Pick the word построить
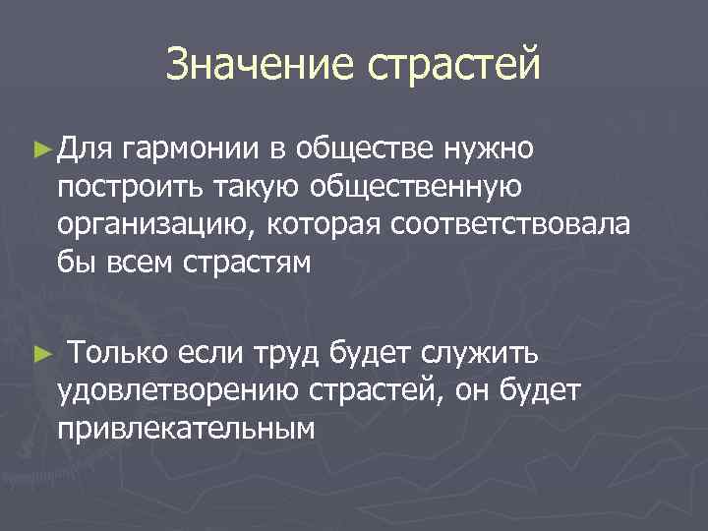click(x=118, y=187)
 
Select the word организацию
click(x=152, y=224)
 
